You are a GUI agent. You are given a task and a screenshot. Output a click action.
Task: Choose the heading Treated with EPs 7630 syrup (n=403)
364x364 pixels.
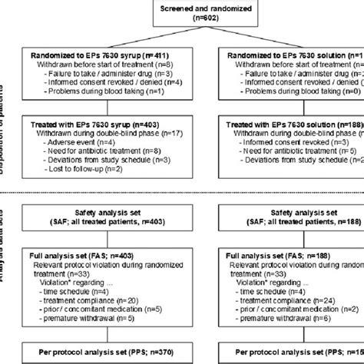tap(97, 123)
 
